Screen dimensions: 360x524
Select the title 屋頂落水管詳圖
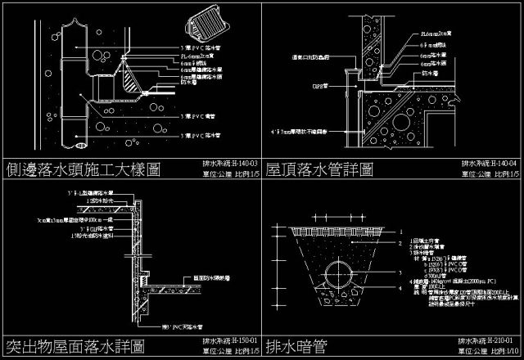tap(319, 170)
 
